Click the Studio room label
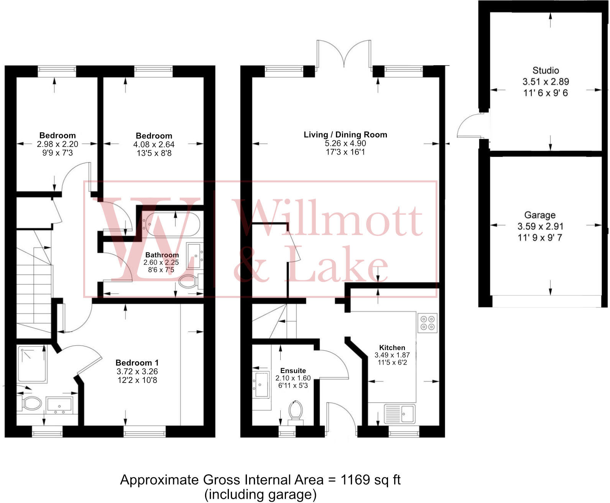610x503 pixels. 545,71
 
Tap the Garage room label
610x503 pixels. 539,215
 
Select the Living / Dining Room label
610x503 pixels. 345,135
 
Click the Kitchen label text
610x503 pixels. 392,348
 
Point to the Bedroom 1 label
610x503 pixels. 137,363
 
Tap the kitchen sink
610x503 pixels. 400,414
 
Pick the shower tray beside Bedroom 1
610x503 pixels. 32,364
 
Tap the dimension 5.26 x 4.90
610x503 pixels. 345,143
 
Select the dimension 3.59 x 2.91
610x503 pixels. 540,227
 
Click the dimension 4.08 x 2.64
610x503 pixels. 154,145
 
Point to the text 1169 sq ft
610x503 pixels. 370,480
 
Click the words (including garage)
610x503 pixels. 260,495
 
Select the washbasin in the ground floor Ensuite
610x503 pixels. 261,385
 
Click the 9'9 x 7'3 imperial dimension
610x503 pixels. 57,153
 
